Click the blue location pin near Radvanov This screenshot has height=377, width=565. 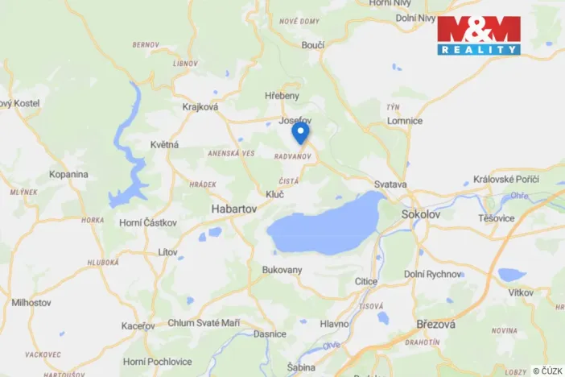tap(299, 132)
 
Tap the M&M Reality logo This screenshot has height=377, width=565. tap(479, 35)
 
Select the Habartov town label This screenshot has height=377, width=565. tap(233, 208)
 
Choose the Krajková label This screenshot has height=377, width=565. tap(200, 106)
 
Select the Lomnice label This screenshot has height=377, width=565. tap(404, 121)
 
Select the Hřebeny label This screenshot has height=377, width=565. tap(282, 96)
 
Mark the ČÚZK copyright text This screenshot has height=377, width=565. tap(547, 371)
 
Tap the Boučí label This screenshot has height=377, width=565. tap(312, 45)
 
